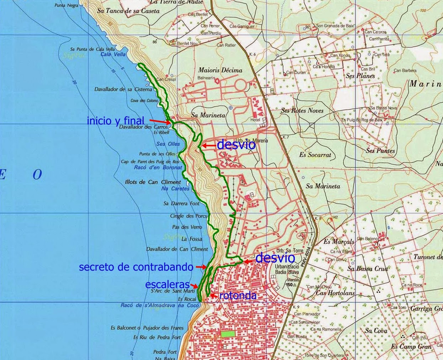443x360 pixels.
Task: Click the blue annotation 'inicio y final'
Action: pos(115,121)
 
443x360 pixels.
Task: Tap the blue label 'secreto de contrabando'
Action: pos(136,267)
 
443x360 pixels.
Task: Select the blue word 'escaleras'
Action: pos(167,284)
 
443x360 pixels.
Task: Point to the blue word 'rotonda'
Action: pos(238,295)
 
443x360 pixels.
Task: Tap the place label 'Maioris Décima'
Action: pos(220,70)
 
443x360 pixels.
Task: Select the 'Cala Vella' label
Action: pos(113,55)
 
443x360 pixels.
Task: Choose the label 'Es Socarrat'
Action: pos(315,155)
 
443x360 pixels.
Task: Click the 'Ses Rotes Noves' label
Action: pos(302,110)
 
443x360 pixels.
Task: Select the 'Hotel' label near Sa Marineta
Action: pos(255,120)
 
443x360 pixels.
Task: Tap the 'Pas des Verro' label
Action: pos(187,227)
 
